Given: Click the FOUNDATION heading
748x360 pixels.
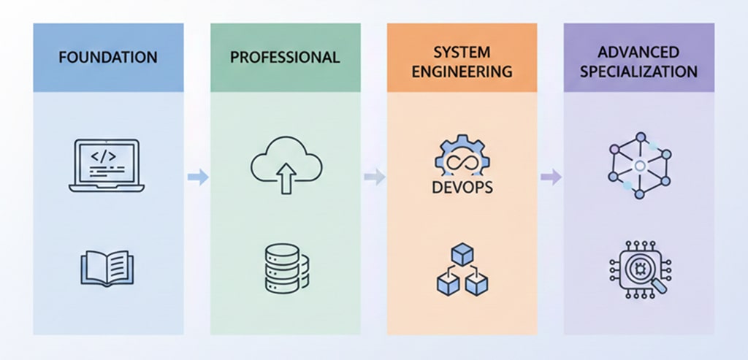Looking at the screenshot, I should tap(108, 57).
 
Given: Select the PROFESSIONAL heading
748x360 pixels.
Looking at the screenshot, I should tap(285, 57).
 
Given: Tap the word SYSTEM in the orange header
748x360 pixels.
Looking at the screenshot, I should tap(461, 53).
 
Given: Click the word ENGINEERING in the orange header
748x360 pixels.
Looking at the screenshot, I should tap(461, 72).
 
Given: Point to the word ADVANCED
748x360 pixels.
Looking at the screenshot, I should tap(638, 53).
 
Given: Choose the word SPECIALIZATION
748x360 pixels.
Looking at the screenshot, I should tap(638, 72).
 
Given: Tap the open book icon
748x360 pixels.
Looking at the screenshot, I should tap(106, 269).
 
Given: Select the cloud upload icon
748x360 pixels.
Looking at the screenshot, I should tap(286, 161).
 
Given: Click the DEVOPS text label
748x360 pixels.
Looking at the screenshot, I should tap(462, 188).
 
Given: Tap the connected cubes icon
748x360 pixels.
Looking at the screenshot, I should tap(462, 269).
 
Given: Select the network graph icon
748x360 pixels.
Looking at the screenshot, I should tap(639, 166).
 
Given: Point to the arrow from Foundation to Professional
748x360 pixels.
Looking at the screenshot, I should tap(197, 176).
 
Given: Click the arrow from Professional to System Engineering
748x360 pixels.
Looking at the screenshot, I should tap(374, 176).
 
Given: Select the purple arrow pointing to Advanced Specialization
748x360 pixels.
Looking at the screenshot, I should tap(551, 176).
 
